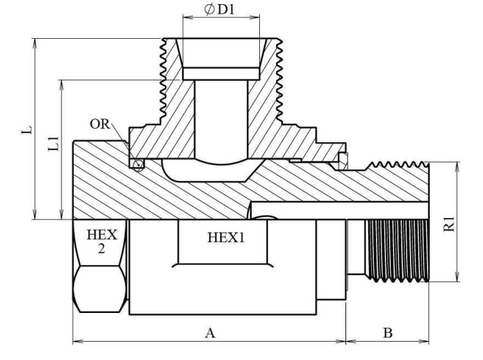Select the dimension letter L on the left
pos(26,130)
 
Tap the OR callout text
pos(100,125)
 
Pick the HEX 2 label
pos(102,241)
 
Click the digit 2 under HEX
pos(102,249)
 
